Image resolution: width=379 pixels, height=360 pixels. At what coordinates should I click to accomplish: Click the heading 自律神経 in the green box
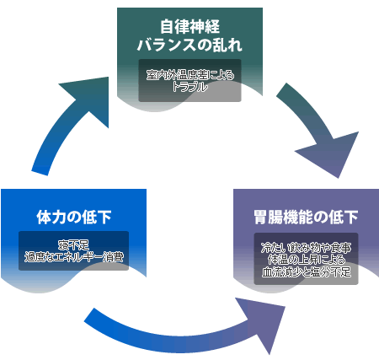[189, 27]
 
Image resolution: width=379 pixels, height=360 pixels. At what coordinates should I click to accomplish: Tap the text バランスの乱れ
[189, 45]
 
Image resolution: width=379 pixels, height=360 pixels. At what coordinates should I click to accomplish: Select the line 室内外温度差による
[190, 75]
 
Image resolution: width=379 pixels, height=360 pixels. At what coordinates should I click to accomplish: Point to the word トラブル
[190, 87]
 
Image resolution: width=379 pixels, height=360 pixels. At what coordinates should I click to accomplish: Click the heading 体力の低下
[74, 217]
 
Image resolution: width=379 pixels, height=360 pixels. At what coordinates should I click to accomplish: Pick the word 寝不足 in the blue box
[74, 245]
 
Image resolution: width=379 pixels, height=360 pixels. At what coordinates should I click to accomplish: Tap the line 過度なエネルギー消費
[74, 257]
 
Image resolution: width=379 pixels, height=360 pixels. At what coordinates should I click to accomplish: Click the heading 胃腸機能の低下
[306, 217]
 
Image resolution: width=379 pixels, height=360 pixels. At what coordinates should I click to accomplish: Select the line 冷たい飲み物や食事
[306, 248]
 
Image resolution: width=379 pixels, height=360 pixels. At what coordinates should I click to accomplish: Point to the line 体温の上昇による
[306, 260]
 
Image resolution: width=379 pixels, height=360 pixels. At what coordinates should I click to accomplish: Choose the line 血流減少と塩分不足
[306, 271]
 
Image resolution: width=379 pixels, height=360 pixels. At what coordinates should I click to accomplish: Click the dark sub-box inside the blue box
[73, 250]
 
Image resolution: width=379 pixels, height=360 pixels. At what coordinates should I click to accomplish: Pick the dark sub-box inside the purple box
[306, 259]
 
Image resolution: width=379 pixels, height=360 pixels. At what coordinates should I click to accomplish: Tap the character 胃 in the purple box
[261, 217]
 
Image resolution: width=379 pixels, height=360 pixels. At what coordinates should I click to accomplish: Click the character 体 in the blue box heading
[44, 217]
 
